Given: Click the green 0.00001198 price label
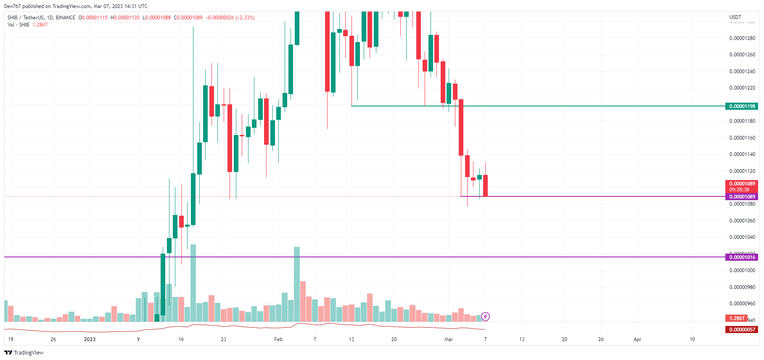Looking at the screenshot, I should click(x=742, y=106).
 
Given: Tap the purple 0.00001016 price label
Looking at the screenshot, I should click(x=742, y=257).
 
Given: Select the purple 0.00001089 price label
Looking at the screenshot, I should click(x=742, y=197).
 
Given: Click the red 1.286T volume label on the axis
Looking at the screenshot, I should click(x=737, y=318).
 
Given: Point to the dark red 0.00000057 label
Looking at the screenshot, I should click(x=742, y=330).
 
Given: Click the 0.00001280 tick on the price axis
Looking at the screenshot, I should click(x=742, y=38).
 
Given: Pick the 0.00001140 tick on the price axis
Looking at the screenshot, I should click(x=742, y=154).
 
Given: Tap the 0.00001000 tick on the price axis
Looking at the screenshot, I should click(x=742, y=270).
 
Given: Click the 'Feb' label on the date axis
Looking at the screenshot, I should click(x=278, y=339).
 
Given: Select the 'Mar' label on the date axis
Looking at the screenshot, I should click(x=449, y=339).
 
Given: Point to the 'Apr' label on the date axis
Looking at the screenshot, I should click(x=637, y=339).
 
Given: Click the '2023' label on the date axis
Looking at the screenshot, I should click(x=90, y=339).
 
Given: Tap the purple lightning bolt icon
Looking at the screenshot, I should click(x=485, y=316).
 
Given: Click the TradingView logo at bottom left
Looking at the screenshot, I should click(x=24, y=352).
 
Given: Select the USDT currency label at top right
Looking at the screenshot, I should click(x=735, y=17).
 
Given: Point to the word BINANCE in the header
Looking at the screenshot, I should click(x=66, y=18).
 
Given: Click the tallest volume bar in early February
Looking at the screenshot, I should click(x=297, y=284).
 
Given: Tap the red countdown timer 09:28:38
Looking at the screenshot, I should click(x=739, y=190).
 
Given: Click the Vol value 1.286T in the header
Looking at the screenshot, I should click(x=40, y=25).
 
